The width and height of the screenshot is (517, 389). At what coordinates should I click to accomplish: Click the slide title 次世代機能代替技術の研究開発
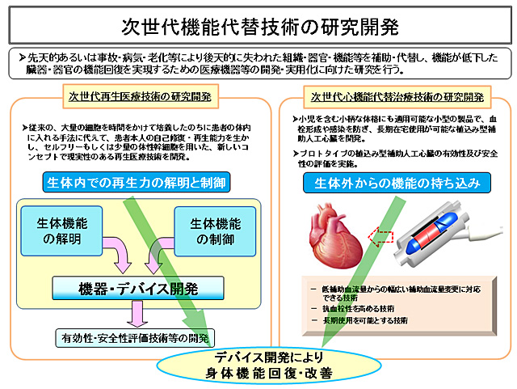(258, 26)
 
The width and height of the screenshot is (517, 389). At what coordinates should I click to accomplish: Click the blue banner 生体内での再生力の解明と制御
(135, 183)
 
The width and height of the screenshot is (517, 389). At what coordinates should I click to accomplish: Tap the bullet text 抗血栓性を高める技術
(360, 308)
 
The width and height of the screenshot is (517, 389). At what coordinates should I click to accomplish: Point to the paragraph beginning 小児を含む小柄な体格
(395, 129)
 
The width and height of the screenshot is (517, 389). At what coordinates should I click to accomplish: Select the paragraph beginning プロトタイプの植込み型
(395, 158)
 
